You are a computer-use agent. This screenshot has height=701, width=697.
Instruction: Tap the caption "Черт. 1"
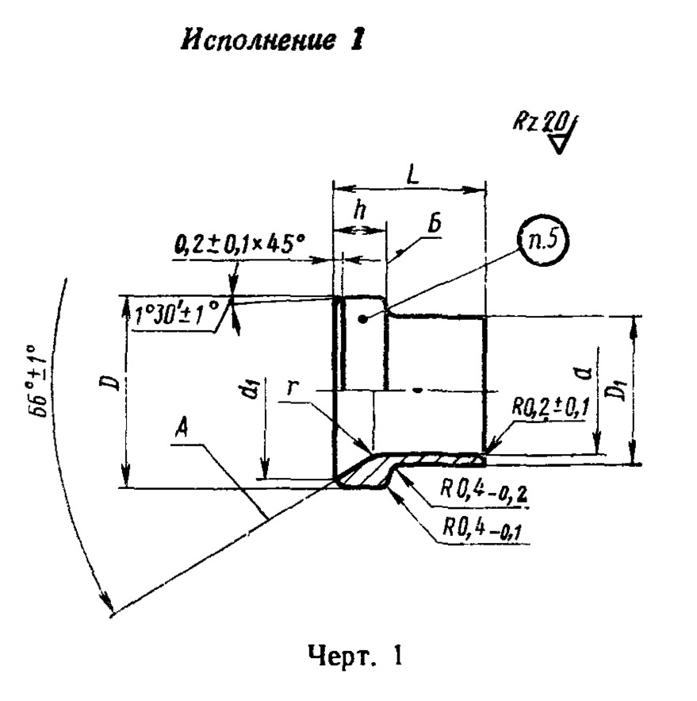coord(355,656)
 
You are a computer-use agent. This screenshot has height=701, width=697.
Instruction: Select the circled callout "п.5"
coord(543,241)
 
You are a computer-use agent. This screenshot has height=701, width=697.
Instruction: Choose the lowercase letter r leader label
coord(292,387)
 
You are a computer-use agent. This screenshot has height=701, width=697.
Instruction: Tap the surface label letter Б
coord(435,225)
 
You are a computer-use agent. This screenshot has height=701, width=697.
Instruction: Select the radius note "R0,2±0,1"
coord(550,409)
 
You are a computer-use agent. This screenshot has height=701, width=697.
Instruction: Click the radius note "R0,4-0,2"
coord(484,491)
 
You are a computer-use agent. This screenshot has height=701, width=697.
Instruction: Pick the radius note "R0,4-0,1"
coord(482,529)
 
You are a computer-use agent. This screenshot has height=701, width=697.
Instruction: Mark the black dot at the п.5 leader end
coord(364,319)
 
